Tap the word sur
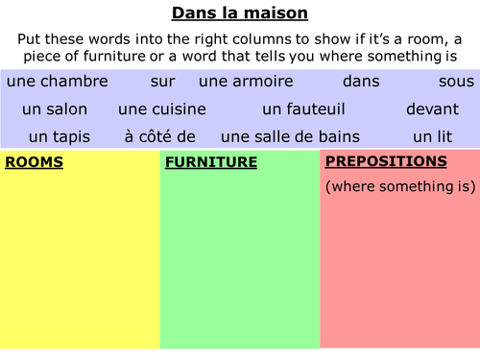pos(162,83)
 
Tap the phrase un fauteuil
pos(302,109)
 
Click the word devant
pos(431,109)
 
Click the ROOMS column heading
pos(34,162)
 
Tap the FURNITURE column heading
pos(211,162)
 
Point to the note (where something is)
pos(396,185)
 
